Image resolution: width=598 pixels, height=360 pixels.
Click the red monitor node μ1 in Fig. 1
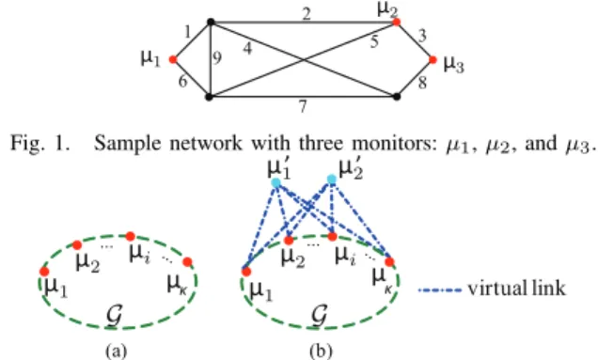173,59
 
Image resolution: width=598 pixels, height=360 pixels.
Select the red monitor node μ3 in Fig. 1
433,59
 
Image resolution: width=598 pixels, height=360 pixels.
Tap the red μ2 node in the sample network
397,23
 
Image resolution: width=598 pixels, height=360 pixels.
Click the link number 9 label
216,58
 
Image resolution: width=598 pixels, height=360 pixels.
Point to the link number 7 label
303,106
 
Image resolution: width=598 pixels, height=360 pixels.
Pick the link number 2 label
307,14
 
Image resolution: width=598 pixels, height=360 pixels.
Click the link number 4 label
247,49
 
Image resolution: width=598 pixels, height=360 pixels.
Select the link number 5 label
374,41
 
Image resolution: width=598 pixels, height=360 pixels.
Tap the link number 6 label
183,81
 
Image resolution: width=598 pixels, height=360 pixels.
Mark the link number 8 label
422,83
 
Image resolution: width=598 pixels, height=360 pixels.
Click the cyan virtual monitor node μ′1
276,182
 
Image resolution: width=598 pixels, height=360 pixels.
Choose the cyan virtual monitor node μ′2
332,179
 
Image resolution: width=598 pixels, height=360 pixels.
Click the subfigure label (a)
116,351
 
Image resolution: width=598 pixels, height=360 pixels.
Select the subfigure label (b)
321,351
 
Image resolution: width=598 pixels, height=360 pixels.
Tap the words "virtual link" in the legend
517,289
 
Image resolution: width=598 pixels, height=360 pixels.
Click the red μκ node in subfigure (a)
187,262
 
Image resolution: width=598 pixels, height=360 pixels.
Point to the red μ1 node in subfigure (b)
246,272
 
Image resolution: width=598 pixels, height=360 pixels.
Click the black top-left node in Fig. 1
211,23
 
